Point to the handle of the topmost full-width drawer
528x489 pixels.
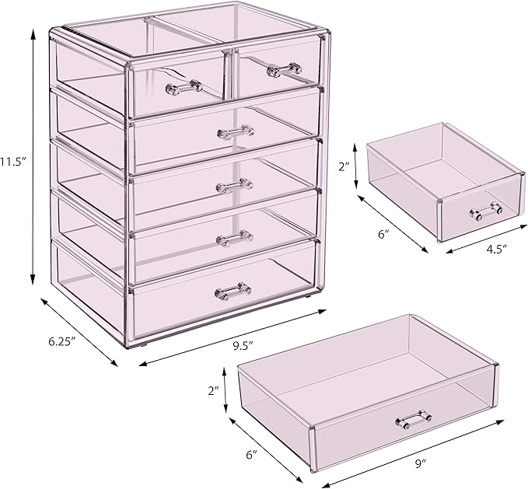click(x=236, y=131)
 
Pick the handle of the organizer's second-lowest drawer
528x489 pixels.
click(x=234, y=236)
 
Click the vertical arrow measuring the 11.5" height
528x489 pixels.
click(x=33, y=155)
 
